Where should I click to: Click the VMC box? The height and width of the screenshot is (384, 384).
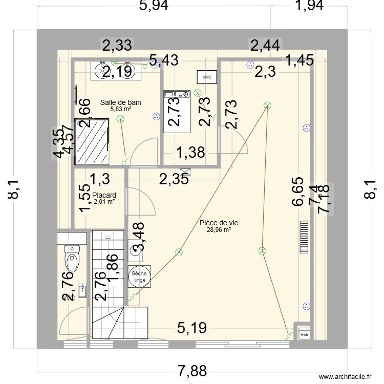point(207,77)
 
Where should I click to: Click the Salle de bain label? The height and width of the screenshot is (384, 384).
point(121,102)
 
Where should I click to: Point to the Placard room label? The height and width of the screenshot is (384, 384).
point(104,195)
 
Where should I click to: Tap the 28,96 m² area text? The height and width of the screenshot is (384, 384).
point(219,230)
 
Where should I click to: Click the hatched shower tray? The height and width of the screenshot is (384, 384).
point(92,141)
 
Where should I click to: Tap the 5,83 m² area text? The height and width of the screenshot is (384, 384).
point(121,109)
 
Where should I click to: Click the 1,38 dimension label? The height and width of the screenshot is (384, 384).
point(190,152)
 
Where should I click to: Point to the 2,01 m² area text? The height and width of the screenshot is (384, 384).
point(104,202)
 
